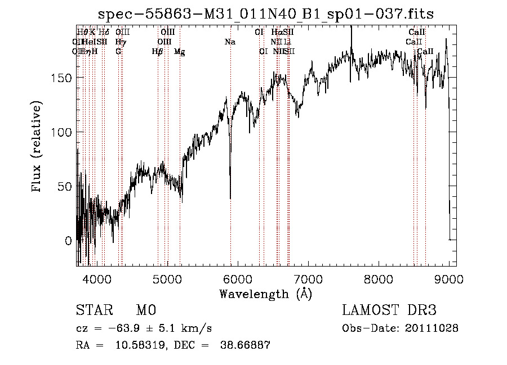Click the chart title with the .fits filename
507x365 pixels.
tap(266, 14)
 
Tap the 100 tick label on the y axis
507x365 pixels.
tap(62, 132)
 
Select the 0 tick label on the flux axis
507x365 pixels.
tap(68, 241)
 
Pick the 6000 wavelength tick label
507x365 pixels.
tap(238, 278)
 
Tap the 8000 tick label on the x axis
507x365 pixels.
tap(379, 278)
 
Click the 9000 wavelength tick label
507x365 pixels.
tap(449, 278)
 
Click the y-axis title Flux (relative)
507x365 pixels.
tap(38, 147)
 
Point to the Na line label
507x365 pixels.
tap(230, 42)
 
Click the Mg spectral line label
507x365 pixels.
tap(180, 52)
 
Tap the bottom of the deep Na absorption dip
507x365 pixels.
tap(230, 198)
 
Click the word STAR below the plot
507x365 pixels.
tap(92, 310)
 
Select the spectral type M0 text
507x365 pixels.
tap(145, 310)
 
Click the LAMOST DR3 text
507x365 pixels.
tap(389, 310)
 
